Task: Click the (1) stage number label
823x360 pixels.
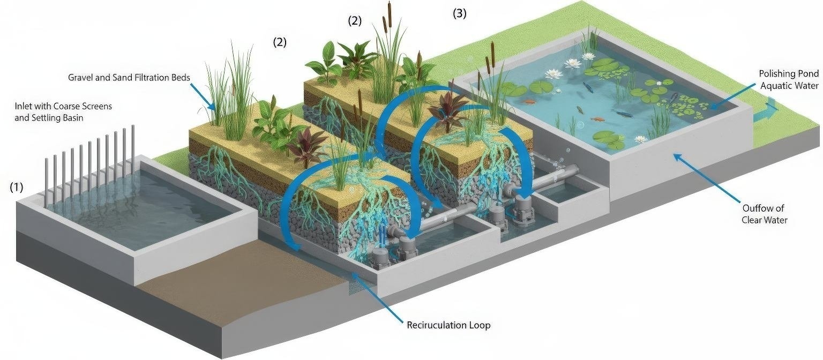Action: [x=17, y=187]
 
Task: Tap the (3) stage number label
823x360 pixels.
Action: [x=460, y=14]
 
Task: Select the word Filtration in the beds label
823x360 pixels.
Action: [x=148, y=78]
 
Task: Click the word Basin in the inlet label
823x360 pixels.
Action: [x=71, y=118]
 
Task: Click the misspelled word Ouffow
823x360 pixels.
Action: [x=756, y=208]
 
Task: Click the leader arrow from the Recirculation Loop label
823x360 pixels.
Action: [x=375, y=297]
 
